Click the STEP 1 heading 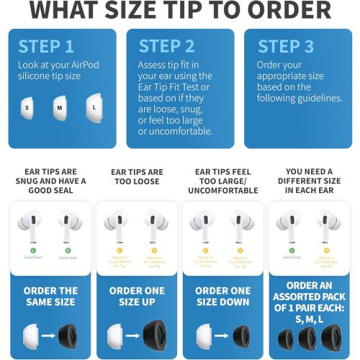46,46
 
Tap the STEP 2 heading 166,46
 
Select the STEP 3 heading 287,46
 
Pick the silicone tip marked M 60,108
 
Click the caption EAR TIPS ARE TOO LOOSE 135,177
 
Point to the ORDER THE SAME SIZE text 50,297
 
